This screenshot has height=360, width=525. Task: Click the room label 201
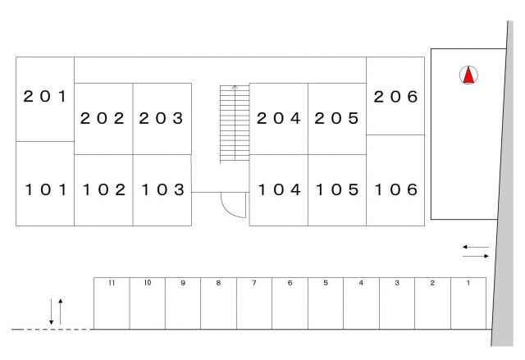(44, 97)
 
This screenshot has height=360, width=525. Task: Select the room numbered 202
(103, 118)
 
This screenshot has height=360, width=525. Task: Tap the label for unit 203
(161, 118)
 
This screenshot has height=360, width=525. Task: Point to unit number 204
(279, 118)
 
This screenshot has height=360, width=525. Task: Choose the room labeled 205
(337, 118)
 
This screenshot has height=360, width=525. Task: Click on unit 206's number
(396, 97)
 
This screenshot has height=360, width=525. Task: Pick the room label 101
(44, 189)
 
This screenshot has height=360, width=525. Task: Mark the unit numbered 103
(161, 189)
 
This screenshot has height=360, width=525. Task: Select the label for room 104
(279, 189)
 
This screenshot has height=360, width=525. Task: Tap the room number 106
(396, 189)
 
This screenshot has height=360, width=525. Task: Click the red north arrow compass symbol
(468, 76)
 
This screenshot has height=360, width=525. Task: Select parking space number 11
(111, 283)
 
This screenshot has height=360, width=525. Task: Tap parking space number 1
(468, 283)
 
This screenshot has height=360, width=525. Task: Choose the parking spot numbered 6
(290, 283)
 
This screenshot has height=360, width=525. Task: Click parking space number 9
(183, 283)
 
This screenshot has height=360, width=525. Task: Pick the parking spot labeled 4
(361, 283)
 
